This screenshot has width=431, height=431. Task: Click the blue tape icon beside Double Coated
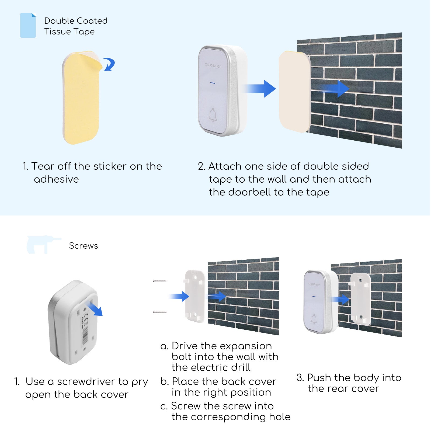28,25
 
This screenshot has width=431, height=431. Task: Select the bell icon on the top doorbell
213,115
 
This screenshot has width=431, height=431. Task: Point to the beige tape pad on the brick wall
294,92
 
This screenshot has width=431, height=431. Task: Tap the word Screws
84,246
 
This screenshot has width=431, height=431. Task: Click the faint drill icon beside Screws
43,244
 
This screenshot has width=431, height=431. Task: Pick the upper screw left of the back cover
160,281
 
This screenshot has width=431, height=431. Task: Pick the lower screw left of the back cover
160,312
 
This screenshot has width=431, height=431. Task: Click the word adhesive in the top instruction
56,179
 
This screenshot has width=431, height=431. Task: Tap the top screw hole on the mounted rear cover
361,280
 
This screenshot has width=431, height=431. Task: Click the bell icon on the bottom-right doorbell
314,319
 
